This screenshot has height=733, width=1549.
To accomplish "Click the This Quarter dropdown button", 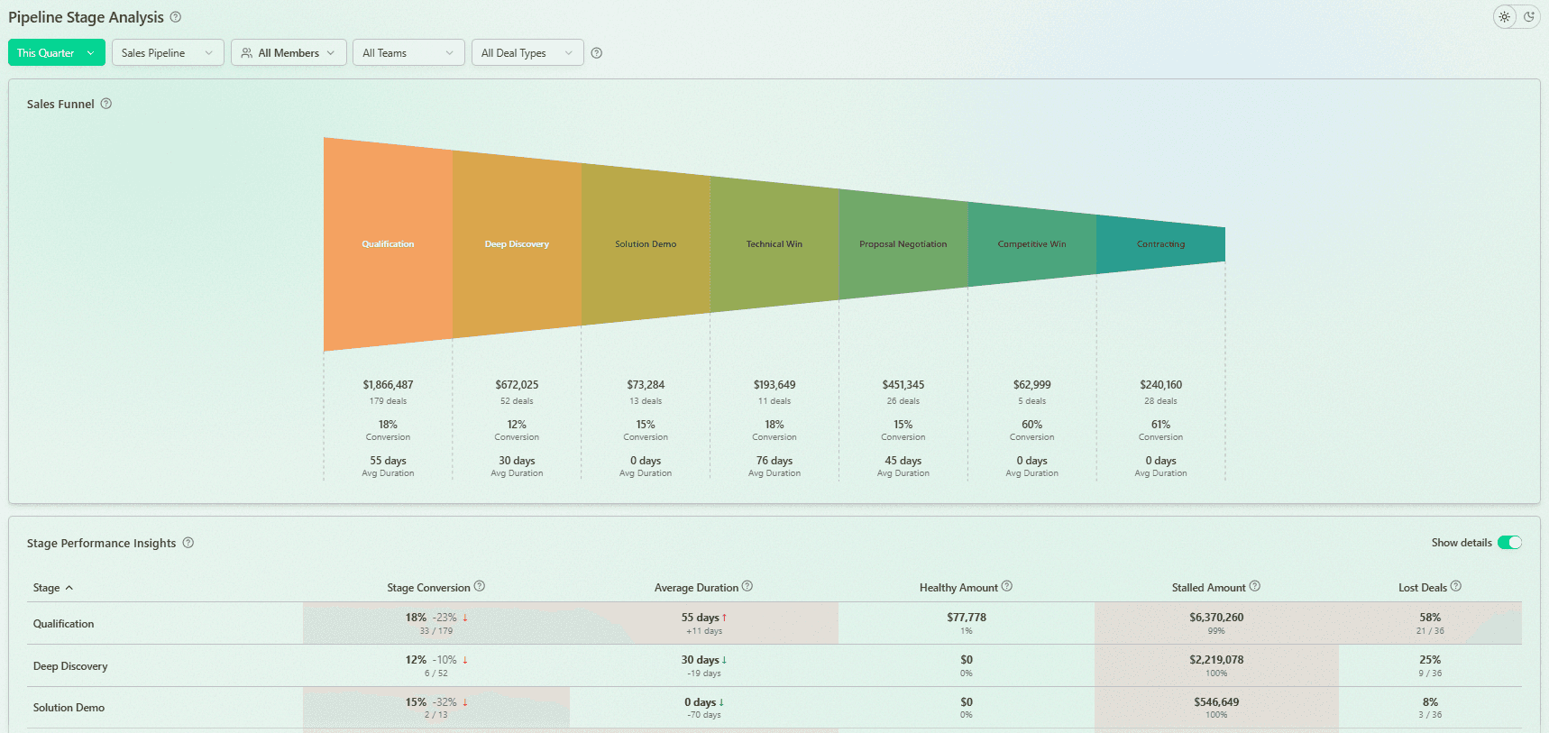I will pyautogui.click(x=56, y=53).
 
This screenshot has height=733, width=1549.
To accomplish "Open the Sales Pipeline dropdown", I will pyautogui.click(x=168, y=53).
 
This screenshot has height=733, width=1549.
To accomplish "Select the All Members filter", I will pyautogui.click(x=289, y=53).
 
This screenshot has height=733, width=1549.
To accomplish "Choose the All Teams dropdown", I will pyautogui.click(x=408, y=53).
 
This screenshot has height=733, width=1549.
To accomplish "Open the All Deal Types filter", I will pyautogui.click(x=527, y=53).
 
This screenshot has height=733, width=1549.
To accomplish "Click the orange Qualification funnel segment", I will pyautogui.click(x=388, y=244).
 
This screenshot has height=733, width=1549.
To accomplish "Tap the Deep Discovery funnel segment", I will pyautogui.click(x=517, y=244).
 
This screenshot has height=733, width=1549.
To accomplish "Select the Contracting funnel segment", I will pyautogui.click(x=1160, y=244).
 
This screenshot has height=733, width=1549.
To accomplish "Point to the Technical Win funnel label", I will pyautogui.click(x=774, y=244).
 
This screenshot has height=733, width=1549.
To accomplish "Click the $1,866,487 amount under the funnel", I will pyautogui.click(x=388, y=385).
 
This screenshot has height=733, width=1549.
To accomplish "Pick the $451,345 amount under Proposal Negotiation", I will pyautogui.click(x=903, y=385).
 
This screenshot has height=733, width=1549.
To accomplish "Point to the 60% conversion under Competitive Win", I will pyautogui.click(x=1031, y=425).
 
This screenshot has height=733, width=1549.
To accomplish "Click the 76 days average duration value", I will pyautogui.click(x=774, y=461).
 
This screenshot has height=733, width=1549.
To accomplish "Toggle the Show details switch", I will pyautogui.click(x=1509, y=543).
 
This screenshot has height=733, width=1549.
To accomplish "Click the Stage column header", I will pyautogui.click(x=47, y=588).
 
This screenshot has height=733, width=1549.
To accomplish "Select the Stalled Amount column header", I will pyautogui.click(x=1208, y=588).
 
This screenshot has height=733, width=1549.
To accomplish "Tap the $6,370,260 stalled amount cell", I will pyautogui.click(x=1216, y=618).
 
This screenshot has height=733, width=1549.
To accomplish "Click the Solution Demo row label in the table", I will pyautogui.click(x=69, y=708).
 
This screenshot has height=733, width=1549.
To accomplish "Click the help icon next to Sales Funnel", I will pyautogui.click(x=106, y=104).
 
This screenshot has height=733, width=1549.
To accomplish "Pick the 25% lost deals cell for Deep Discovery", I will pyautogui.click(x=1430, y=660).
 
